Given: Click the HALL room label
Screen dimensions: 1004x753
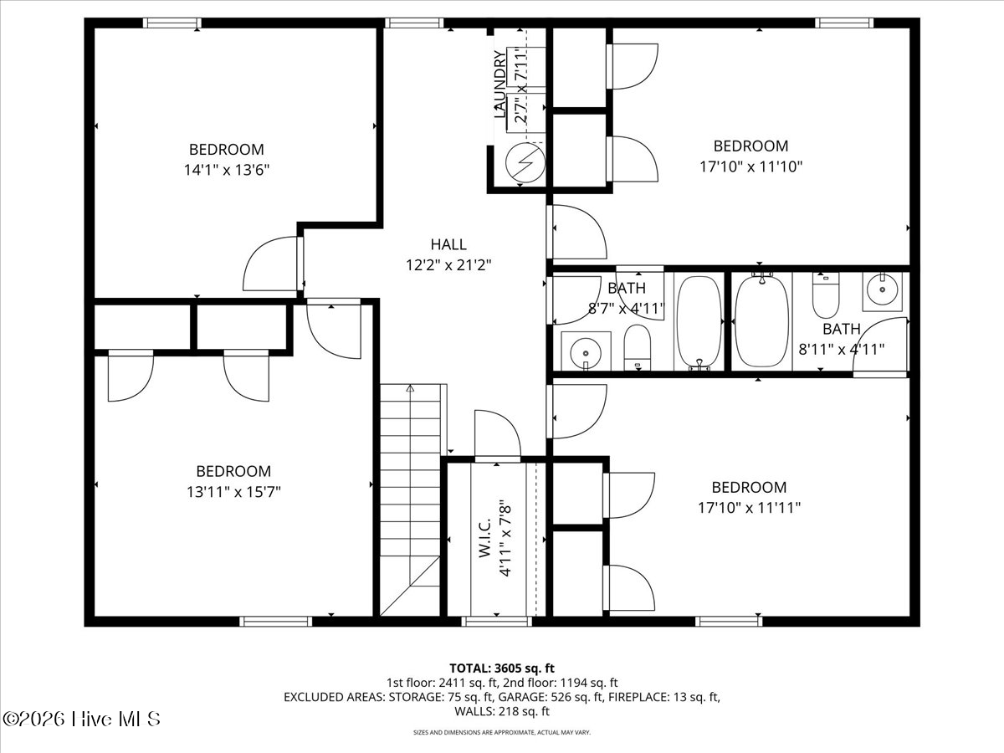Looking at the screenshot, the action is point(448,244).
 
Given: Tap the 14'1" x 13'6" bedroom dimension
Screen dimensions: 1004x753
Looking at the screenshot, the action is point(227,170).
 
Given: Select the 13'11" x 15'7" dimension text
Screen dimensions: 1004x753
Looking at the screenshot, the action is point(233,492).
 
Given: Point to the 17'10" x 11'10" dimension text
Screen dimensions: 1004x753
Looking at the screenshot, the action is point(750,166).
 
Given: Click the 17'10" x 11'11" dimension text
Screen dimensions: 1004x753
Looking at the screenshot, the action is point(749,508).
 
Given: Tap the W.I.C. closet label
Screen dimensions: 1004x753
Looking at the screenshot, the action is point(484,538).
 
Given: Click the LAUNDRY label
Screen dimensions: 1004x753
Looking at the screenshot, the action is point(500,85).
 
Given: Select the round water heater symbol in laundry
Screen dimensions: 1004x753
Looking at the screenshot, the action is point(525,163).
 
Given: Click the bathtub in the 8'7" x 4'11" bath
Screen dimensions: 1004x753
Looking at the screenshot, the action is point(699,321).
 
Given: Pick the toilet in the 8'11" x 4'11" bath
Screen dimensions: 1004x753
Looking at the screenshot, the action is point(826,295).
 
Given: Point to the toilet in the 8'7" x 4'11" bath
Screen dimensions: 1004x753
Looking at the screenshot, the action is point(638,347).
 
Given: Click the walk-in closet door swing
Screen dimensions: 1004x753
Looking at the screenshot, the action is point(498,433).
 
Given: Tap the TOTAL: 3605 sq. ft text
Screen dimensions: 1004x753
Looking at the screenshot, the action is point(502,668).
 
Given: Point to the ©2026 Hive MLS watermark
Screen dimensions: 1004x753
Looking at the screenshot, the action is point(81,719).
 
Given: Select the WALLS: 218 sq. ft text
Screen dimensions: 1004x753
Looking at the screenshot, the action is point(502,711).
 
